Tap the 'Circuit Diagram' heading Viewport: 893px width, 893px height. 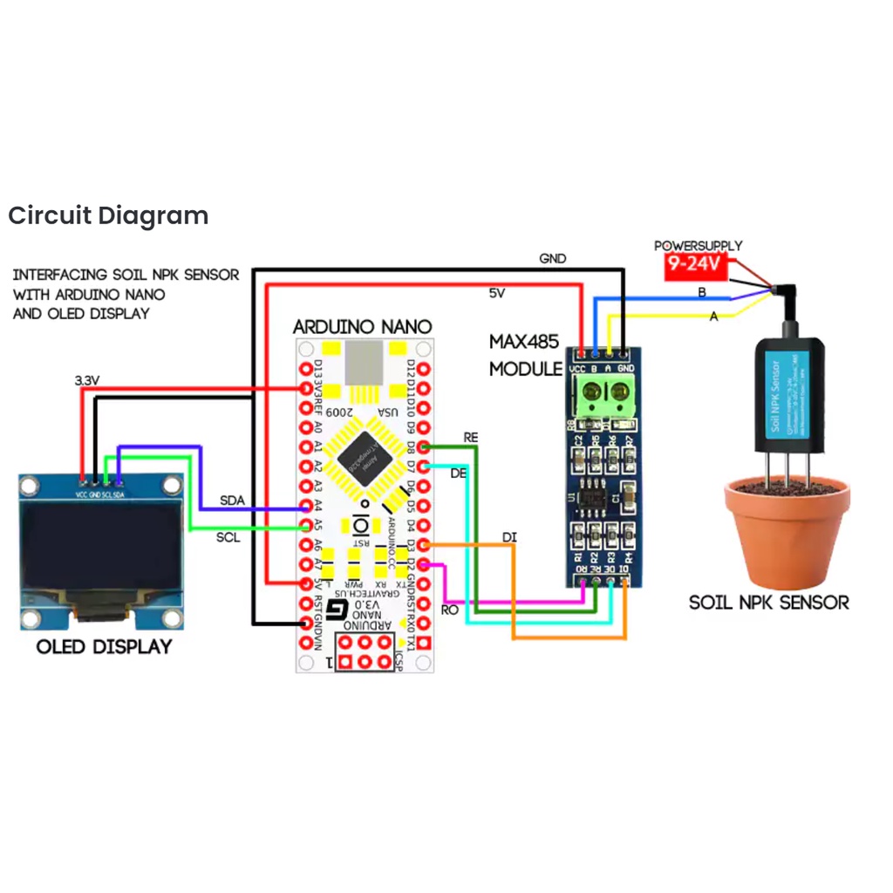point(108,215)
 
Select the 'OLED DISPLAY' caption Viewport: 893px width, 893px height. point(104,647)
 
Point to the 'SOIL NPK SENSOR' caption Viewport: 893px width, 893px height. point(768,602)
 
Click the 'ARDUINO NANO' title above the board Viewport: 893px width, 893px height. point(362,327)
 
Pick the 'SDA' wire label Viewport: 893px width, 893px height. point(232,500)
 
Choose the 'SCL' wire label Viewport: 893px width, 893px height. point(228,538)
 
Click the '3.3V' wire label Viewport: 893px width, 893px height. point(88,380)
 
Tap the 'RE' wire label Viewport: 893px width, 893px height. point(471,436)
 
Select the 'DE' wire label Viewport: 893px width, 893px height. point(459,474)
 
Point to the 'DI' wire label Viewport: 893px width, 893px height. point(509,537)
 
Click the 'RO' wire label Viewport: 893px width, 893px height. point(450,610)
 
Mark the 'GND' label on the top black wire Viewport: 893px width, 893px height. point(553,258)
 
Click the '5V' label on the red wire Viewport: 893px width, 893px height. point(496,294)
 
